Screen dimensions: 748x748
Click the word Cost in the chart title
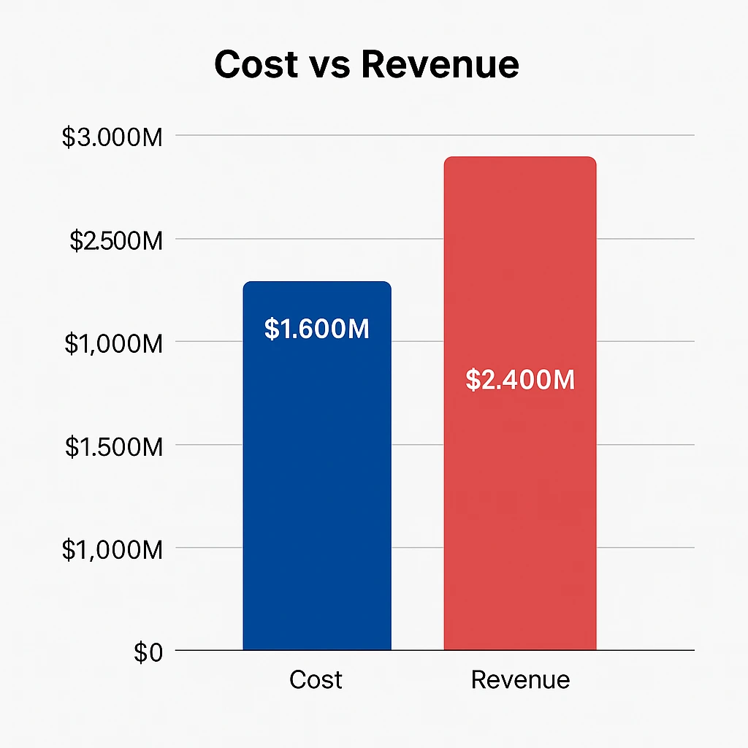(256, 64)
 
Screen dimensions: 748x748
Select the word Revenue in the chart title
(440, 64)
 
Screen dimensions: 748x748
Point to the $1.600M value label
(317, 329)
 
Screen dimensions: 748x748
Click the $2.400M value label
(520, 381)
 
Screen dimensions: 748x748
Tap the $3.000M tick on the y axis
(112, 137)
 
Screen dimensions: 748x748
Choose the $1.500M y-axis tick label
(113, 446)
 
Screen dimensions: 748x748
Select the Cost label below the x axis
(316, 680)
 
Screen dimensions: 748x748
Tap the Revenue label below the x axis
(520, 680)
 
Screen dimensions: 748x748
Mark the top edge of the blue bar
(317, 283)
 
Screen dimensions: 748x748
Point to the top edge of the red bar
(520, 158)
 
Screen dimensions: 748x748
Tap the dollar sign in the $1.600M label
(271, 329)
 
